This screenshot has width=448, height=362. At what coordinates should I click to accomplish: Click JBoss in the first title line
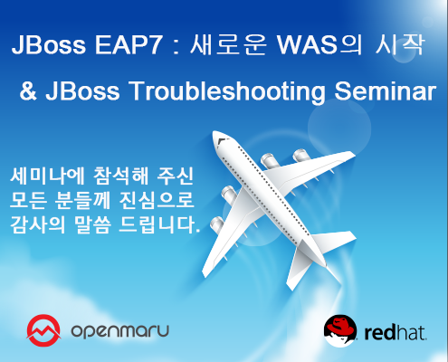pyautogui.click(x=43, y=46)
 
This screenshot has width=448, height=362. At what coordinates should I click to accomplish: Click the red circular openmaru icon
pyautogui.click(x=43, y=328)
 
